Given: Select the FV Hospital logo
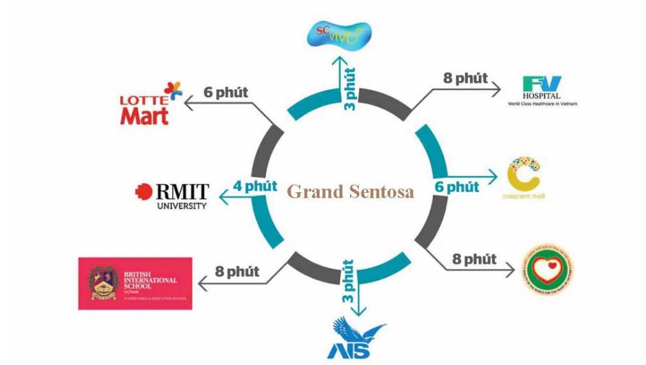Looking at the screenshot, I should pyautogui.click(x=542, y=91).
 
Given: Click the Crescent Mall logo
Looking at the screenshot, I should pyautogui.click(x=525, y=178).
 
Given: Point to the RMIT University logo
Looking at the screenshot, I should pyautogui.click(x=172, y=195).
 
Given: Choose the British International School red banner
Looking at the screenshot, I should pyautogui.click(x=135, y=283).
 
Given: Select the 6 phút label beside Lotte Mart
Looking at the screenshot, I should pyautogui.click(x=226, y=92).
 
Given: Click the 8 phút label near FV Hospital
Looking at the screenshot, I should pyautogui.click(x=466, y=79).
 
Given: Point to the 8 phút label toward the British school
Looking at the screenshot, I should pyautogui.click(x=237, y=272).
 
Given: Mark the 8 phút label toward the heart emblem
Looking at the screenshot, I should pyautogui.click(x=474, y=259).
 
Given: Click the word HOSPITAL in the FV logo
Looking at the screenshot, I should pyautogui.click(x=542, y=95).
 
